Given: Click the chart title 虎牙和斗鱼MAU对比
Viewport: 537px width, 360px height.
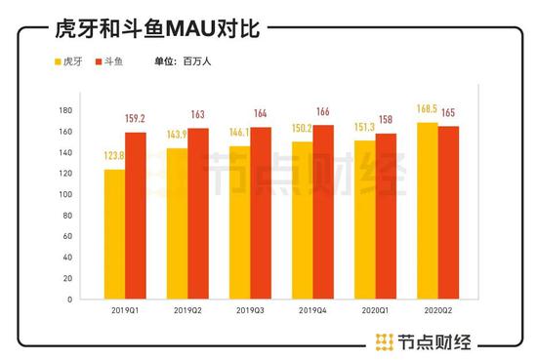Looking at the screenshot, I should tap(136, 31).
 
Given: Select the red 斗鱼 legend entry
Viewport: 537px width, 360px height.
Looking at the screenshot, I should tap(118, 63).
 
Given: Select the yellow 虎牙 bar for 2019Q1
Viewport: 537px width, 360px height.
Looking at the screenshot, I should tap(114, 233).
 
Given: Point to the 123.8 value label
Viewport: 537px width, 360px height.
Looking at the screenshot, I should tap(113, 157).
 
